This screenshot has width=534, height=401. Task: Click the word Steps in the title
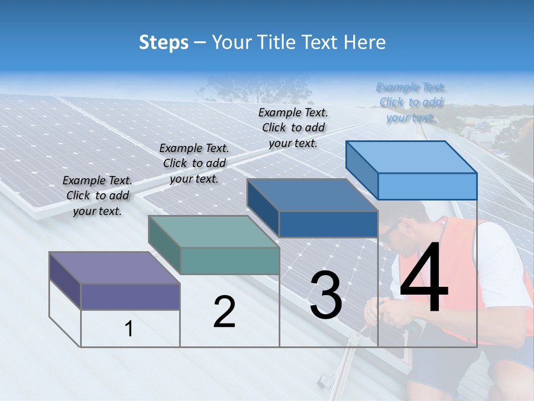(164, 42)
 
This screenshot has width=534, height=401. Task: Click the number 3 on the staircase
(326, 295)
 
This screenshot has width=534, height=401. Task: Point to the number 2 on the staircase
(224, 312)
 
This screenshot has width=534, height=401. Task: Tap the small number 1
(129, 329)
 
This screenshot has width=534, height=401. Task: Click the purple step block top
(114, 267)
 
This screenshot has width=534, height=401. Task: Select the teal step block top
(213, 231)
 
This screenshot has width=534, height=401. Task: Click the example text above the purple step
(97, 195)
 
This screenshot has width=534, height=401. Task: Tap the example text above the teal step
(194, 163)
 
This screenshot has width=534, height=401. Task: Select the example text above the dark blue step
(293, 128)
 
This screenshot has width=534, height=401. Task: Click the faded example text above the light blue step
(411, 102)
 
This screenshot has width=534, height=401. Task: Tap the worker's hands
(384, 312)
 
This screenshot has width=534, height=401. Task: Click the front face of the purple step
(130, 296)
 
